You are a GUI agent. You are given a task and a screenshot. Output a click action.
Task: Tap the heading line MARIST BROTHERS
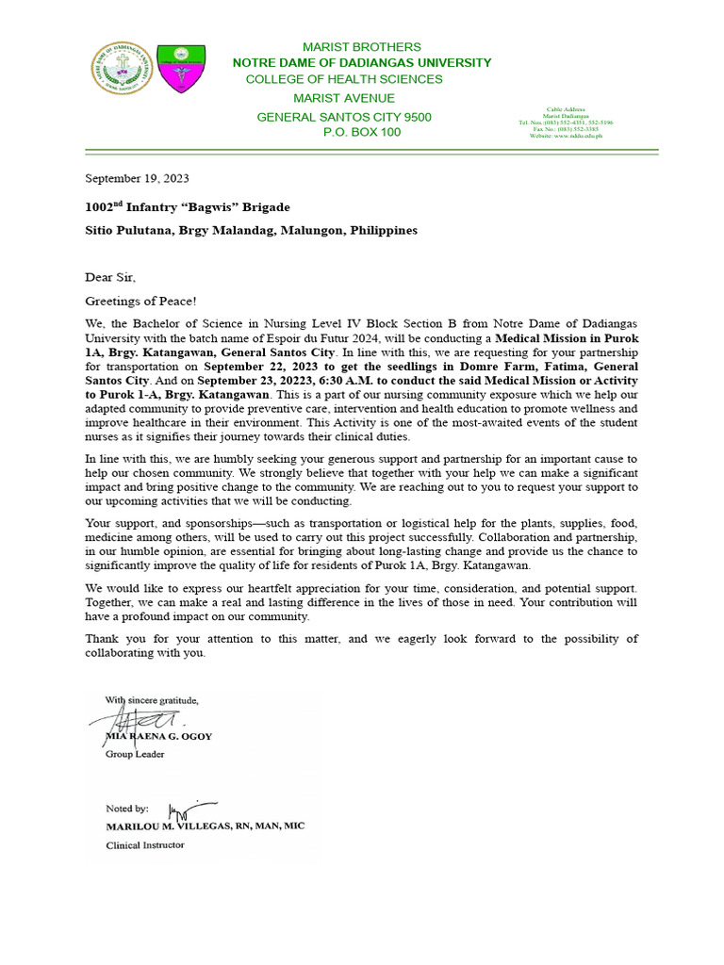tap(361, 47)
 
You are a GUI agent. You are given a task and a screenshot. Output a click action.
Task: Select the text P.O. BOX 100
tap(361, 132)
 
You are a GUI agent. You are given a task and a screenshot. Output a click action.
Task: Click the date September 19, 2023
tap(138, 177)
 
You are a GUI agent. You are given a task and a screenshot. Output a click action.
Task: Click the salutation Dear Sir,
tap(110, 277)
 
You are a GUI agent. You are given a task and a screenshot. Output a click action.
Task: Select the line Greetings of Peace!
tap(141, 301)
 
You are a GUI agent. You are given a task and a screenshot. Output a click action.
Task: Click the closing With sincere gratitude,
tap(151, 700)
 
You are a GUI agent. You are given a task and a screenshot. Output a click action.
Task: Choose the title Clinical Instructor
tap(144, 845)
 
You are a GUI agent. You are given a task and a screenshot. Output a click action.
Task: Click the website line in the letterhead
tap(566, 136)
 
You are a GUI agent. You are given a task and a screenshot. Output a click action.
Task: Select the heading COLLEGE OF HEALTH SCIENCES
tap(344, 79)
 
